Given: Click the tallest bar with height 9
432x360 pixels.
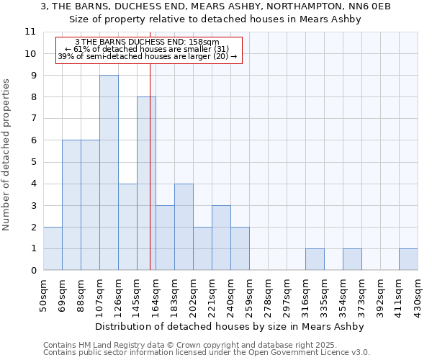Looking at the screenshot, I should point(109,173).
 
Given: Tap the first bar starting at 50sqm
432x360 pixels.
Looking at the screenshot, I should point(53,248).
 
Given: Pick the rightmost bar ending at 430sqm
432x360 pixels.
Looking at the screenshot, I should point(408,259).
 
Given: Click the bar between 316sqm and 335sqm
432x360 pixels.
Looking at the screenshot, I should point(315,259).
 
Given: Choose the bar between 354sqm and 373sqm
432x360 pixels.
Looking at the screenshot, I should point(352,259).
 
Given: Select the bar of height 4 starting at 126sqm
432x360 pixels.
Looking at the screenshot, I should point(127,227).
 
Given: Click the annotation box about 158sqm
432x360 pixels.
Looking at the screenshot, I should point(148,49).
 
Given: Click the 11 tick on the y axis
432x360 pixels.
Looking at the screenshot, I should point(30,32).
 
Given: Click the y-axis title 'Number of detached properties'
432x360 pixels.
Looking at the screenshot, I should point(7,155).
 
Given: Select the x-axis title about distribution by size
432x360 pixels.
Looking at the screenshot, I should point(230,326).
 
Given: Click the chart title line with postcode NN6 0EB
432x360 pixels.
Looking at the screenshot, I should point(216,6).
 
